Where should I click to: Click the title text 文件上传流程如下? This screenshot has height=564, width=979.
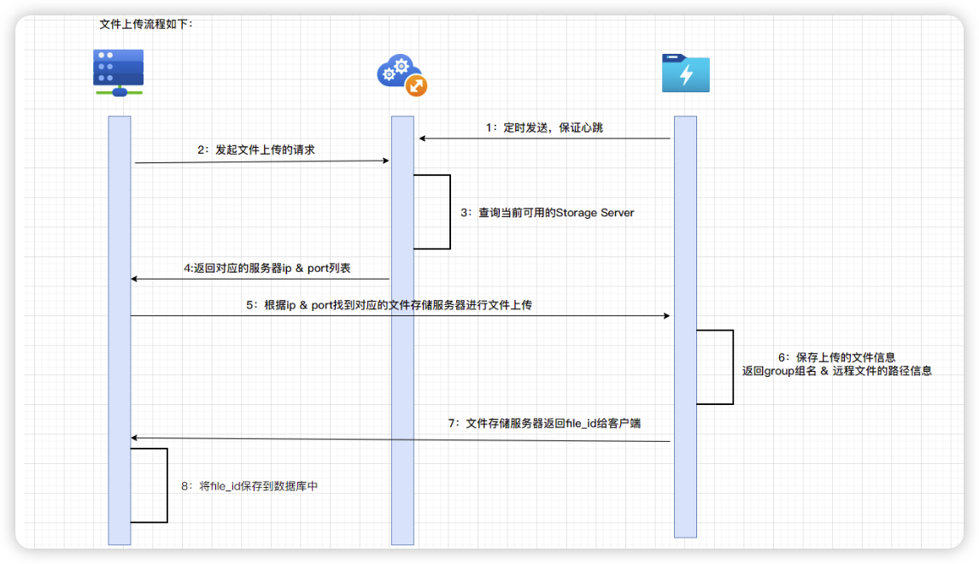(146, 24)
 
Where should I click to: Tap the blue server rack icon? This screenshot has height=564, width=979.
(118, 72)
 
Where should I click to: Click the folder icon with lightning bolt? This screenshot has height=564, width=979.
(686, 73)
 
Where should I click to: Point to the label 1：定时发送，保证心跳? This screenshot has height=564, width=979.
(545, 127)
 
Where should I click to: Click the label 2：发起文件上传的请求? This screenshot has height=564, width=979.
(256, 150)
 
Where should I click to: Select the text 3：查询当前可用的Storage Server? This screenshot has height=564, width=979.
(548, 212)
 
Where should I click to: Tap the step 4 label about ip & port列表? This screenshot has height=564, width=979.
(267, 267)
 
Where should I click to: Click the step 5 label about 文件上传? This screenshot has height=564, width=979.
(389, 304)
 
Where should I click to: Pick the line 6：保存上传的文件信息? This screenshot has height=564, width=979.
(836, 356)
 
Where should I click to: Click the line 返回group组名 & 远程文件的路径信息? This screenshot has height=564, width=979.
(836, 371)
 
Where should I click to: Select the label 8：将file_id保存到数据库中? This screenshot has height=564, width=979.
(249, 485)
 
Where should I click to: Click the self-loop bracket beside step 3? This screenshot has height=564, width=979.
(449, 212)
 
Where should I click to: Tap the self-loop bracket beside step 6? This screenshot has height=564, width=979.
(732, 367)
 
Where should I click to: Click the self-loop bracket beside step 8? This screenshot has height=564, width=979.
(167, 485)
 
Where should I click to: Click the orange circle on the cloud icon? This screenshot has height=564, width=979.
(416, 85)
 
